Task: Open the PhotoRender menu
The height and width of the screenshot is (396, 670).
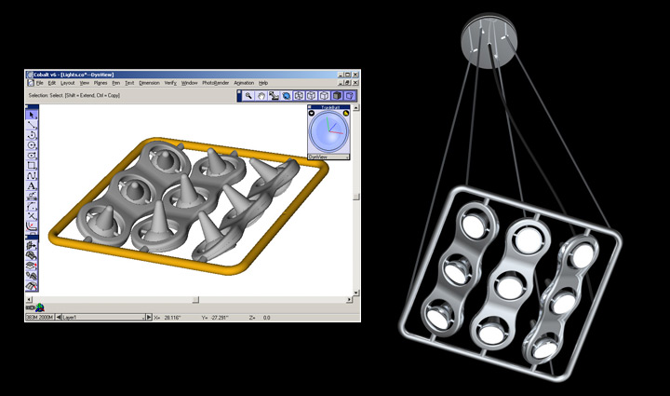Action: pos(215,83)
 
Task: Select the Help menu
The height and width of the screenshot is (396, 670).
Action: pos(263,83)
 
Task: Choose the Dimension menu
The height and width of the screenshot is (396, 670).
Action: pos(149,83)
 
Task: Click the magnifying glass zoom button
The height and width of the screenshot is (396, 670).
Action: pos(248,95)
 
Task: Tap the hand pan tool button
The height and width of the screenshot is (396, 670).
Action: pos(261,95)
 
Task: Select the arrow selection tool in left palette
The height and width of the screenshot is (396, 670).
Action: pos(32,114)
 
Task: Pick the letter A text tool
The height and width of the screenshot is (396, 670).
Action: pos(32,185)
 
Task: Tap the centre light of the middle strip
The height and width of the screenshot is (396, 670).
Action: pos(509,286)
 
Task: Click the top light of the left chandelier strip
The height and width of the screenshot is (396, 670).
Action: pos(476,223)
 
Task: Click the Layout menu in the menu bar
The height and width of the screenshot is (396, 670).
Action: pos(67,83)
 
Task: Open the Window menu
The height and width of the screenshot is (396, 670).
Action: pos(189,83)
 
